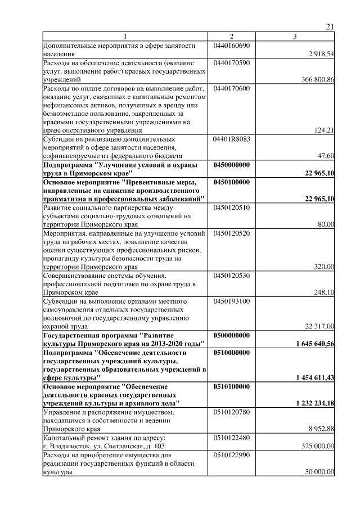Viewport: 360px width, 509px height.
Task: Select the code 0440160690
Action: point(232,45)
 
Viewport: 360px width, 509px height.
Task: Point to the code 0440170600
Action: point(232,89)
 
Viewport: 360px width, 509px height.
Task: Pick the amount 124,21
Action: point(325,130)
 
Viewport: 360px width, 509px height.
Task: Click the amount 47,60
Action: point(326,155)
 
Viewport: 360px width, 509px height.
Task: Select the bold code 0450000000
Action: point(232,165)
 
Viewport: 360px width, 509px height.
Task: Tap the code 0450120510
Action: point(232,208)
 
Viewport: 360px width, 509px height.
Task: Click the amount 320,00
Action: point(325,267)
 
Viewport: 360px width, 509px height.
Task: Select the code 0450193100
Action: point(232,301)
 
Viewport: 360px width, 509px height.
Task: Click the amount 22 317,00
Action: point(320,326)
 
